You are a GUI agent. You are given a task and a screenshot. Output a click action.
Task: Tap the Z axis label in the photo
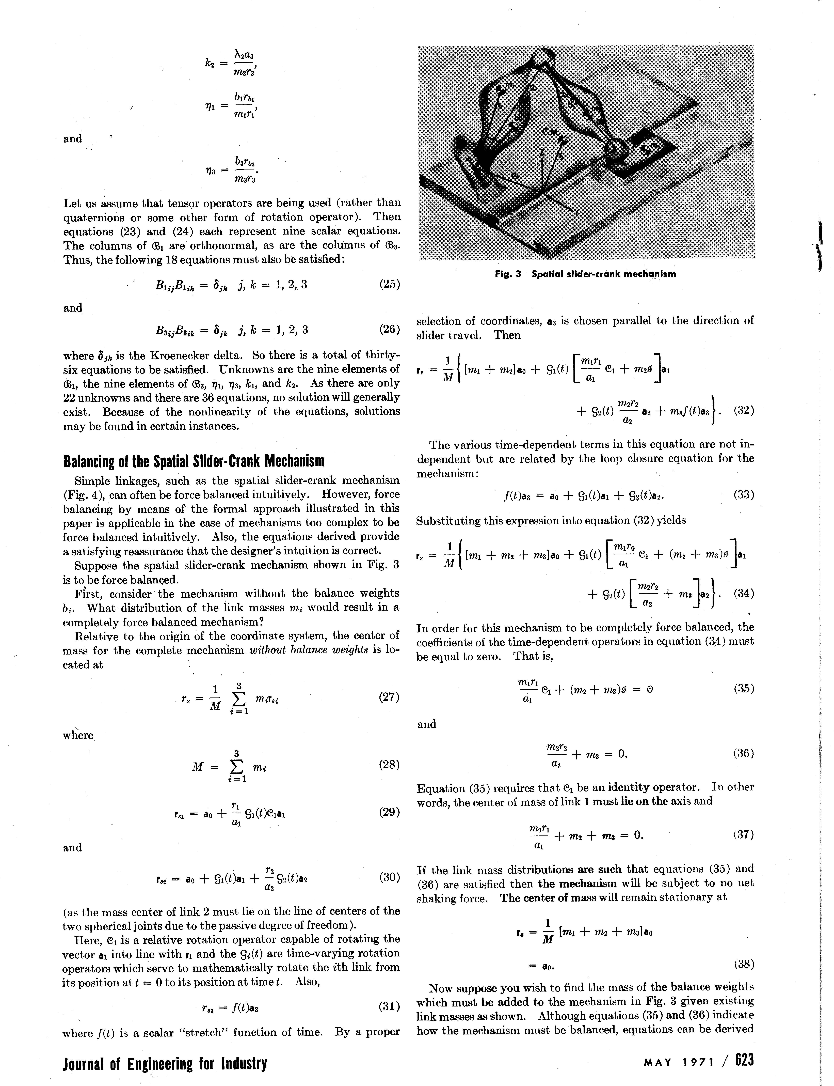pyautogui.click(x=543, y=151)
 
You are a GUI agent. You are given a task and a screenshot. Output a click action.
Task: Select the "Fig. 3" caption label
pyautogui.click(x=507, y=274)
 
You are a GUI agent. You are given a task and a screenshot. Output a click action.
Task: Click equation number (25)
pyautogui.click(x=389, y=285)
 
